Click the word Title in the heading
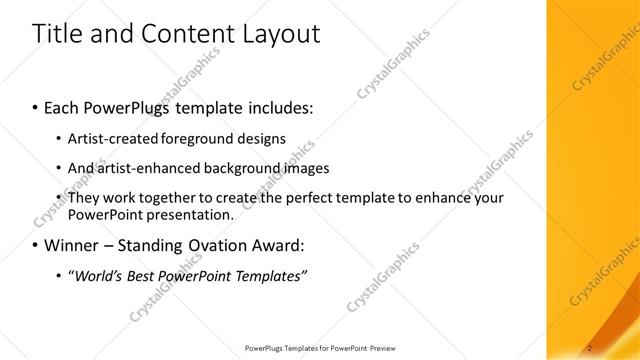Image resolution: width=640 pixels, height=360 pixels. [57, 34]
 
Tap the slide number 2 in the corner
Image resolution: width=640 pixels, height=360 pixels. [591, 347]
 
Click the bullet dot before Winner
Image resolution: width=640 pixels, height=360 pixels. [35, 245]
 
